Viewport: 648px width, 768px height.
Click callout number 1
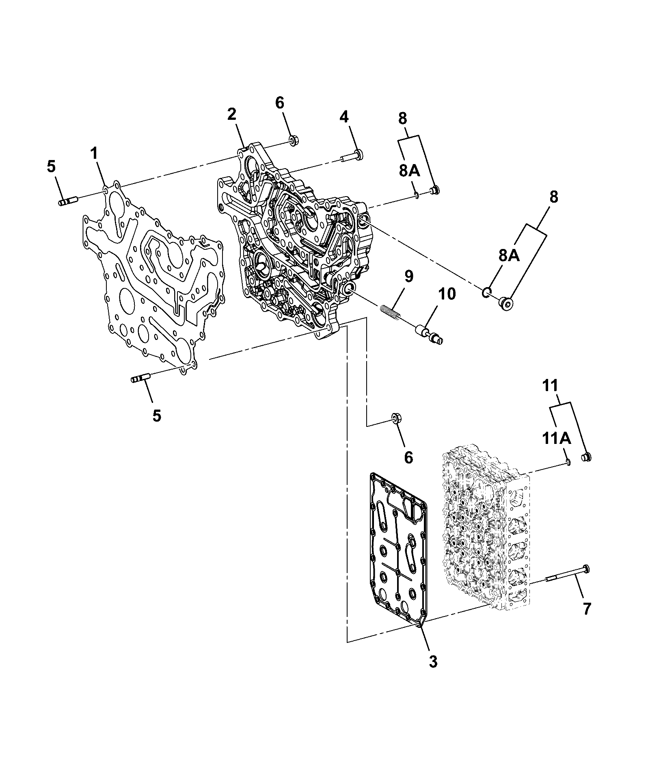94,154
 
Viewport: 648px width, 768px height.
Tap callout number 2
231,115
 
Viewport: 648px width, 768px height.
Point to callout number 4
344,117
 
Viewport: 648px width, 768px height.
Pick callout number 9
408,277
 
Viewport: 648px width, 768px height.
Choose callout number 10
447,294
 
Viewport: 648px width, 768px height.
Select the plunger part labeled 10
428,333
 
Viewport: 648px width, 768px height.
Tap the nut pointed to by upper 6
292,142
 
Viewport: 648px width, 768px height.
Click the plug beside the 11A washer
586,456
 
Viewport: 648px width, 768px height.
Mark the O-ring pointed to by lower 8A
487,292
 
